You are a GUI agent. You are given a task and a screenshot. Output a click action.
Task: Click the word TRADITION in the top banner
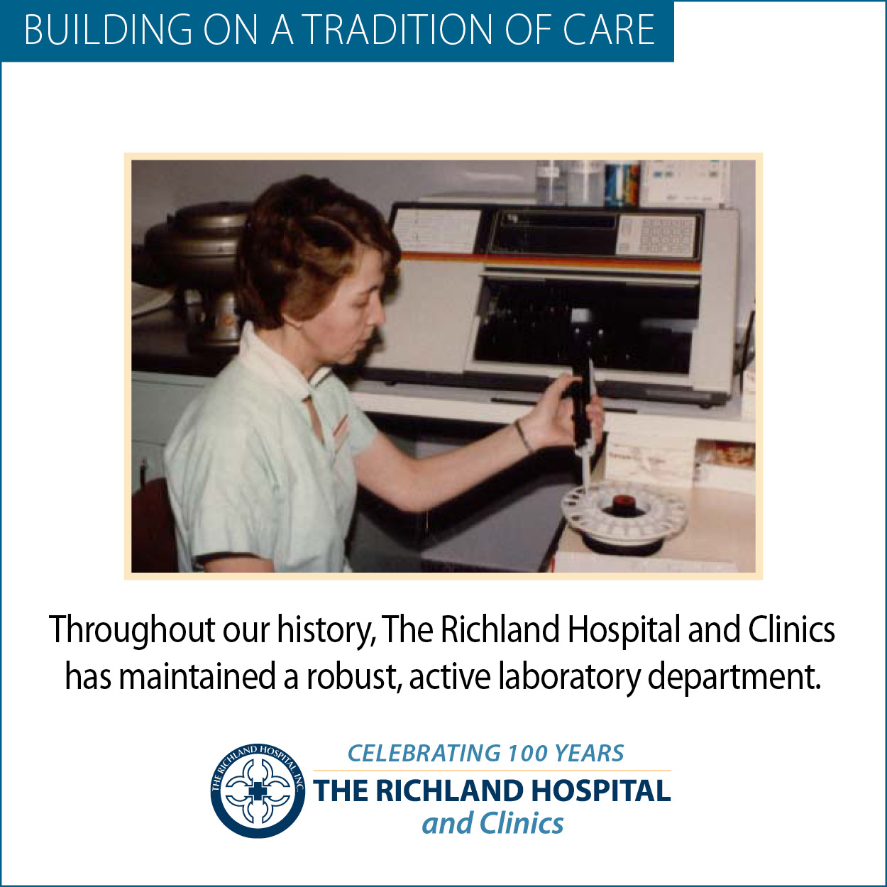[399, 30]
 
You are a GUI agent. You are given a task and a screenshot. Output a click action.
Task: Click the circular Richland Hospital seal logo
[258, 790]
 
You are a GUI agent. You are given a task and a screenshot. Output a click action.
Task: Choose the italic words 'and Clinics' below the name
[492, 823]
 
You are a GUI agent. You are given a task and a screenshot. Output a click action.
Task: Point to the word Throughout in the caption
[132, 630]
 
